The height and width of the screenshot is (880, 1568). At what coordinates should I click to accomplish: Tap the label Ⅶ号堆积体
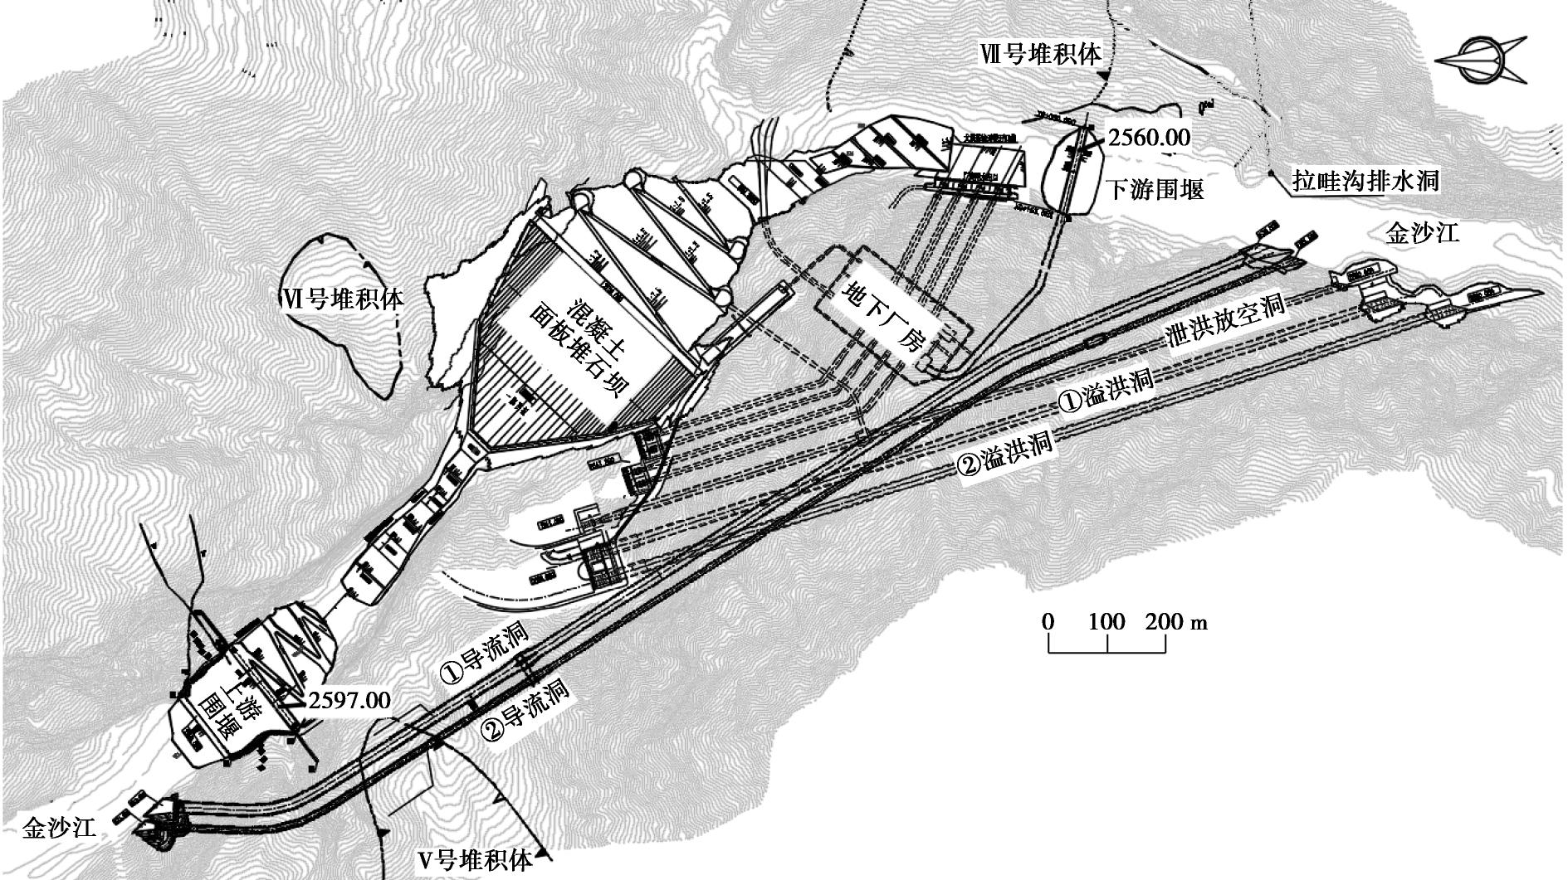(1040, 55)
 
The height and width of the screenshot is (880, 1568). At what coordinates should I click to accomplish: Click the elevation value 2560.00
(1150, 137)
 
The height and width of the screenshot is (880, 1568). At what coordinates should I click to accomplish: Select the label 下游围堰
(1155, 190)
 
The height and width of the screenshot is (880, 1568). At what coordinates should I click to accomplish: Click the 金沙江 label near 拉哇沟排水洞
(1422, 234)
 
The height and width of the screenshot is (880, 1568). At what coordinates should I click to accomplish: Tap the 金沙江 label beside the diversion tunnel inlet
(59, 827)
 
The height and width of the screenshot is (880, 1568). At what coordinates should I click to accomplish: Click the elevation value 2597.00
(349, 700)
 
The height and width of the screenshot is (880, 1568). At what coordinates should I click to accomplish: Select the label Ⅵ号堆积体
(341, 298)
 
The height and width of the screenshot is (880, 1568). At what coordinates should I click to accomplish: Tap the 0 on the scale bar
(1048, 622)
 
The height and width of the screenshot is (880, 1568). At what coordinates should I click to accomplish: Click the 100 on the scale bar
(1106, 622)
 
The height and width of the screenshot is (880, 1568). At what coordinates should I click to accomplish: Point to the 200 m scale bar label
(1175, 622)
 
